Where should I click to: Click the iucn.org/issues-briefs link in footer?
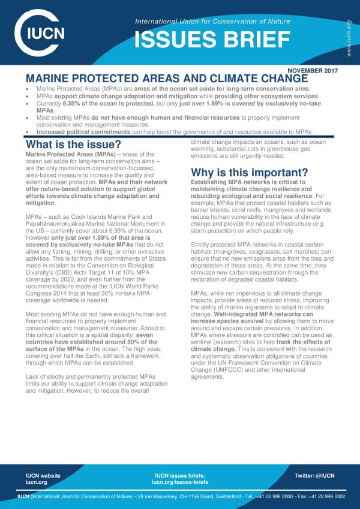[180, 482]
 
